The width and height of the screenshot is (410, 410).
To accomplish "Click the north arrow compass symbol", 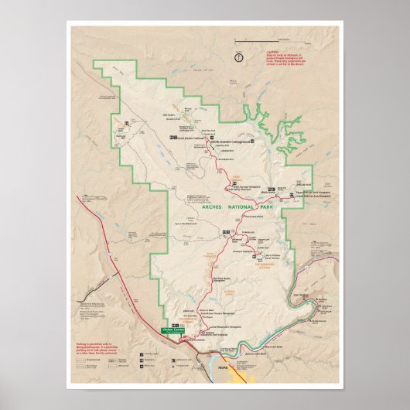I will coord(239,56).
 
